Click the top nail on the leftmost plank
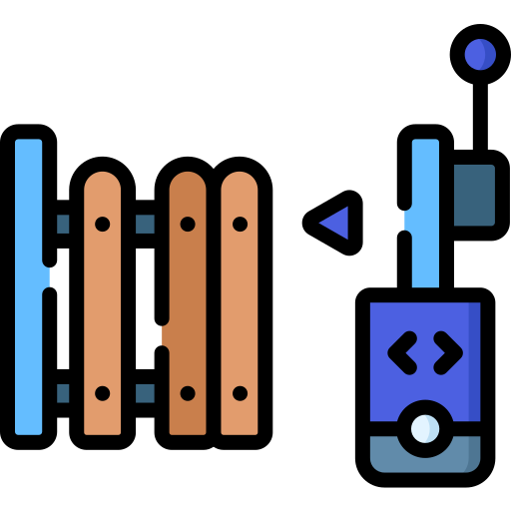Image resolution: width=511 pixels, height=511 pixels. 102,224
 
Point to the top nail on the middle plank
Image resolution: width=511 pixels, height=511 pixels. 188,224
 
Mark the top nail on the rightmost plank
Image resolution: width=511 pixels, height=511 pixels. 240,224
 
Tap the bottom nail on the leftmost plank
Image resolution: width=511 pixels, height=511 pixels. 102,393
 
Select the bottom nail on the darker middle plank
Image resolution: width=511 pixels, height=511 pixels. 188,393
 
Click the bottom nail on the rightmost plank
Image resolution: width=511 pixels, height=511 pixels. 240,393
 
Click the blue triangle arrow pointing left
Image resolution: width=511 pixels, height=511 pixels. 336,223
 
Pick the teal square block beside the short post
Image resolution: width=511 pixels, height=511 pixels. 474,195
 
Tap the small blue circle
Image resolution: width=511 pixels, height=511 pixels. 480,54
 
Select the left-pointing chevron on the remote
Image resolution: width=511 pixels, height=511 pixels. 401,352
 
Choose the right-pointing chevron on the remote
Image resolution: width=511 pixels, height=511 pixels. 447,352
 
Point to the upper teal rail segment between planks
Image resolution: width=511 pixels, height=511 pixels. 145,224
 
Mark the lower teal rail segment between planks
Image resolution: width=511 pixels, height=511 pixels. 145,393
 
